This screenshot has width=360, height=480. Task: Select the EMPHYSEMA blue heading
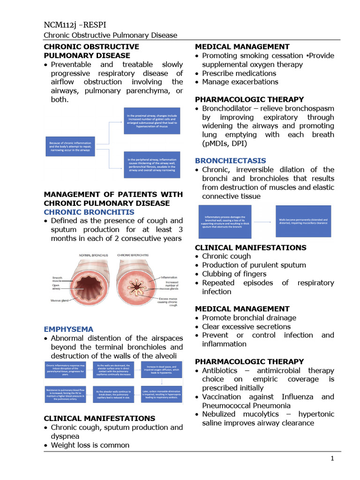[68, 329]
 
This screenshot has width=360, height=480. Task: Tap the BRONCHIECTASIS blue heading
[230, 161]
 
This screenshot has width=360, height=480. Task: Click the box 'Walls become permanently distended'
[303, 221]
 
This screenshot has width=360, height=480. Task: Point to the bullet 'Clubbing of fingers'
[234, 274]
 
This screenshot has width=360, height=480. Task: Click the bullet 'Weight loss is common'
[90, 445]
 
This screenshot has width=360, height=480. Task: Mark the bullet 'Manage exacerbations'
[240, 82]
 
